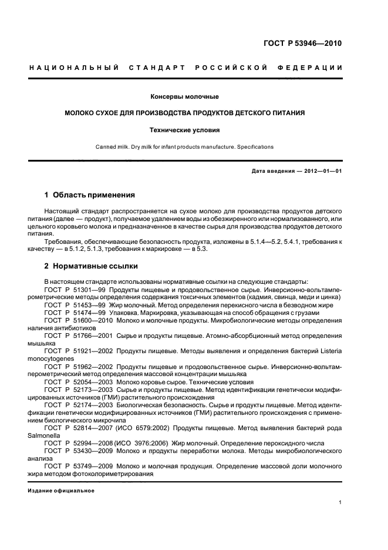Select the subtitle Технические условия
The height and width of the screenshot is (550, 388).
(184, 130)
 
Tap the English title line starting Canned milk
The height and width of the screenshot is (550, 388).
(184, 147)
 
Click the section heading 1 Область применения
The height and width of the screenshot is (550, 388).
(90, 194)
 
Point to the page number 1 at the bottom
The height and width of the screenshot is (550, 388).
(340, 502)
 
